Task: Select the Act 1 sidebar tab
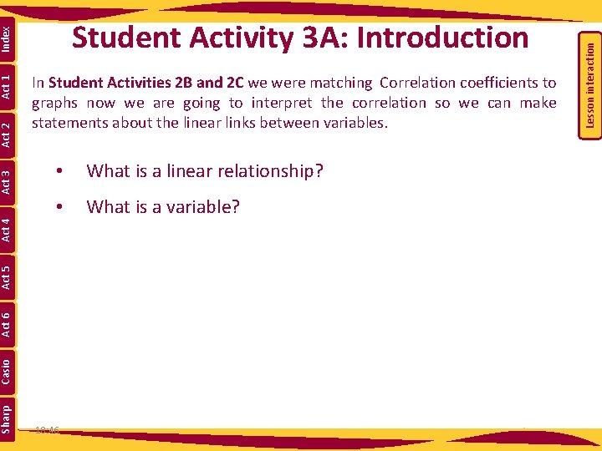pyautogui.click(x=7, y=86)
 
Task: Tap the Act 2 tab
pyautogui.click(x=7, y=134)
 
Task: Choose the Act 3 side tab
pyautogui.click(x=7, y=181)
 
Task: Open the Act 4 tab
pyautogui.click(x=7, y=229)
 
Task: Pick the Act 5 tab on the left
pyautogui.click(x=7, y=276)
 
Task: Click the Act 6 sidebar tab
pyautogui.click(x=7, y=324)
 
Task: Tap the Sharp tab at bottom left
pyautogui.click(x=7, y=418)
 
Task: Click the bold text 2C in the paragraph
pyautogui.click(x=234, y=83)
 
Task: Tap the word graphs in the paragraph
pyautogui.click(x=55, y=103)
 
